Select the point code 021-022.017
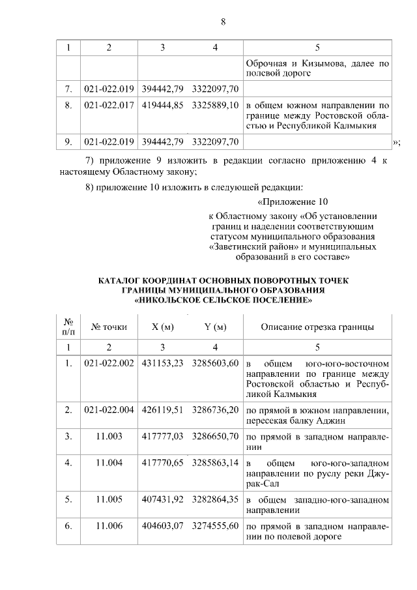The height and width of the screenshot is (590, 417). pos(109,104)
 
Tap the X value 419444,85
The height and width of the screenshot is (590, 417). pos(163,104)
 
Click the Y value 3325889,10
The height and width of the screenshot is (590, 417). pos(215,104)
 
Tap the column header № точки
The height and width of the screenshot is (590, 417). pos(109,327)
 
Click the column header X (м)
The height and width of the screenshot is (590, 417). pos(163,327)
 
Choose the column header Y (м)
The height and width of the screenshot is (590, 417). pos(215,327)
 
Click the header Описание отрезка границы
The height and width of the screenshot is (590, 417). pos(317,327)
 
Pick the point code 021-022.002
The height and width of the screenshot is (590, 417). pos(109,363)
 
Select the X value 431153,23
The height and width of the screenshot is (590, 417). pos(163,363)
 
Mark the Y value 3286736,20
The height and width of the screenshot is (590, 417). pos(215,409)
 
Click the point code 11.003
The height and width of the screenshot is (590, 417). pos(109,437)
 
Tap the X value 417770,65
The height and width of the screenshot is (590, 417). pos(163,464)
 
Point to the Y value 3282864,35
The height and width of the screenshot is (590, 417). pos(215,499)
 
